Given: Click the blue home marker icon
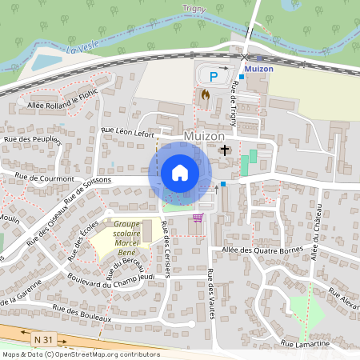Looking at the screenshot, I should coord(180,173).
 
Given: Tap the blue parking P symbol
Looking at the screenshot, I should coord(213,77).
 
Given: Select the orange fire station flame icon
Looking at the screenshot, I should coord(205,94).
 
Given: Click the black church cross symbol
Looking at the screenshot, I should coord(225,150).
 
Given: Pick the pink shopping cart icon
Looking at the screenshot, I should coord(198,217).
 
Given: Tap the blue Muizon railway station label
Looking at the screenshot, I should coord(261,69).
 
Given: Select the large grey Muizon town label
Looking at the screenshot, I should coord(204,136).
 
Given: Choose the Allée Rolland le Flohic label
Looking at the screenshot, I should coord(62,104).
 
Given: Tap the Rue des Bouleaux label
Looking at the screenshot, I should coord(79,312).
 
